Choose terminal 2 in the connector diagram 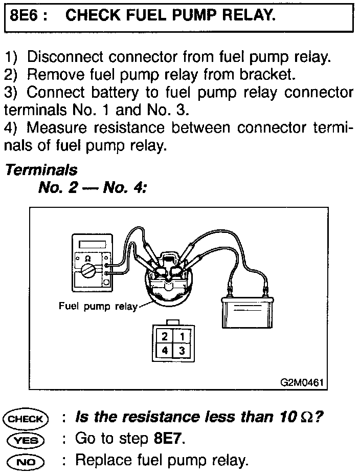tap(165, 336)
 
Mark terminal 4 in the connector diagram tap(165, 351)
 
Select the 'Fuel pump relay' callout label tap(98, 307)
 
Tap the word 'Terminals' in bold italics tap(41, 170)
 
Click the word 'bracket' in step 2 tap(269, 75)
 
